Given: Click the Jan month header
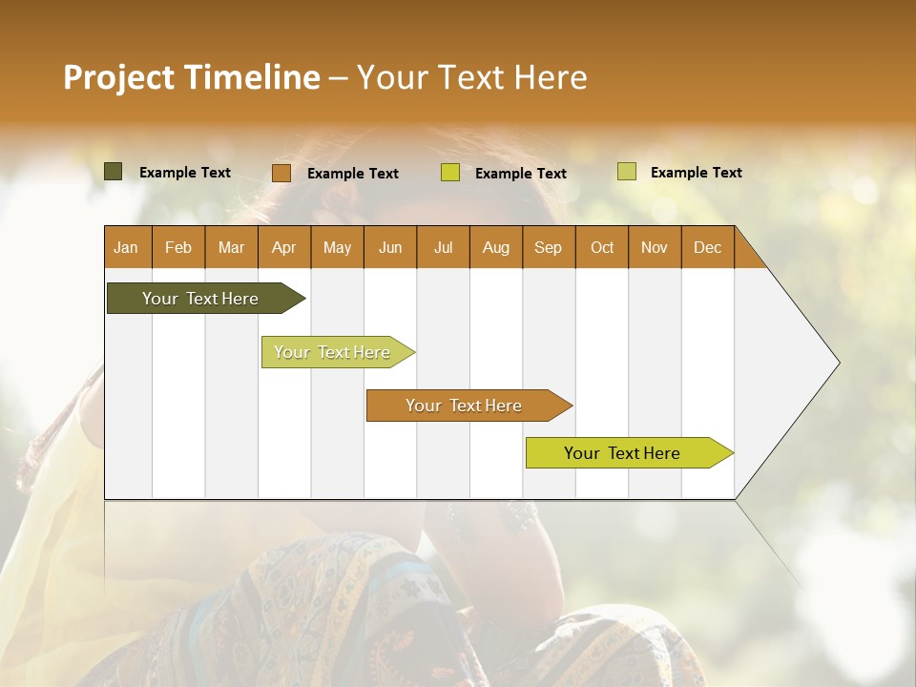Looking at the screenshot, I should click(127, 248).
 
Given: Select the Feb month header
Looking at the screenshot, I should click(178, 248).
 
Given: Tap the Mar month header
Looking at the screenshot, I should click(231, 248).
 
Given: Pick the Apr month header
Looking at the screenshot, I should click(284, 248).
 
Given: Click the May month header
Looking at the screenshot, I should click(337, 248).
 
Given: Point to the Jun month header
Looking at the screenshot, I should click(390, 248).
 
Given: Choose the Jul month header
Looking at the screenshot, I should click(443, 248).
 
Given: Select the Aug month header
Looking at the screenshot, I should click(496, 248).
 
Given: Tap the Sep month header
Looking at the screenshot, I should click(549, 248).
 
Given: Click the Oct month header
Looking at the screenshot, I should click(602, 248).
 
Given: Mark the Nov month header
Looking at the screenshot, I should click(655, 248).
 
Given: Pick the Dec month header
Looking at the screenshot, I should click(708, 248).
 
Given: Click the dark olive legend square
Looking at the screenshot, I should click(114, 172).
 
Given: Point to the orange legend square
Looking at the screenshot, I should click(281, 173).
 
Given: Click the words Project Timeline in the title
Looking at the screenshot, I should click(192, 77).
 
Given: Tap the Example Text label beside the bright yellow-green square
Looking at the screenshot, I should click(521, 174).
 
